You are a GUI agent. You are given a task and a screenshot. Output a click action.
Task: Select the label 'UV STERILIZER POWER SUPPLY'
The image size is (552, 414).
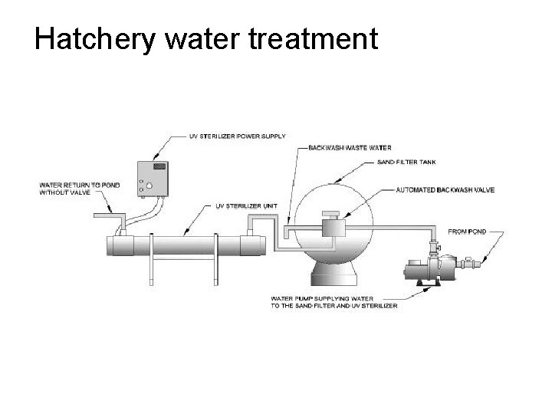(x=237, y=136)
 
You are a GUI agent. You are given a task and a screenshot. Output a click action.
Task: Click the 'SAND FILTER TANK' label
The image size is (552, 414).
(x=407, y=163)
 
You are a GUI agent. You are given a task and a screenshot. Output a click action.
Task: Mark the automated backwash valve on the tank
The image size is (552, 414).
(x=333, y=227)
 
